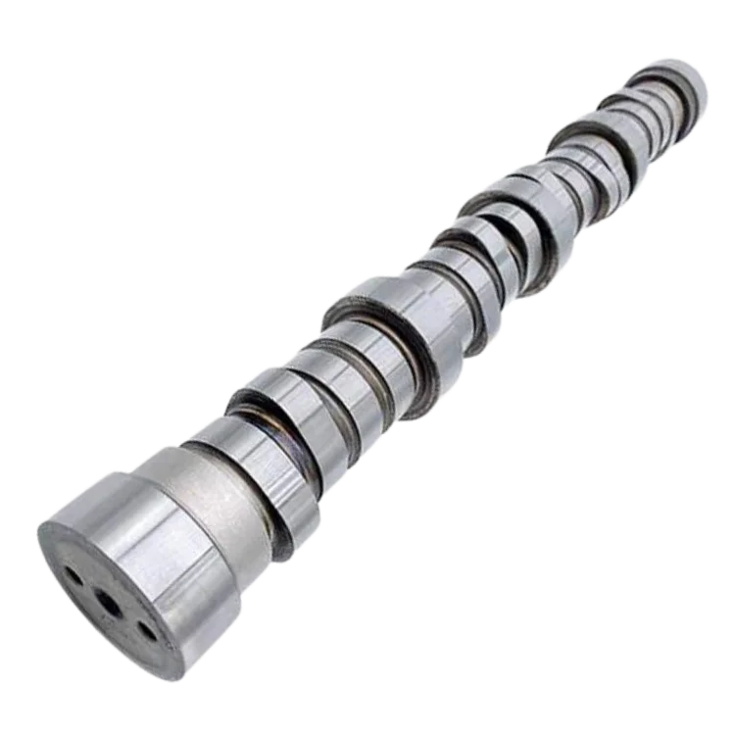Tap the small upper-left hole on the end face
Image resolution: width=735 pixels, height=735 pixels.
74,577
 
